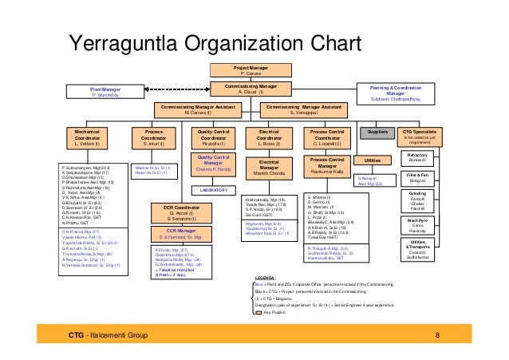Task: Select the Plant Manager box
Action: tap(106, 93)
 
